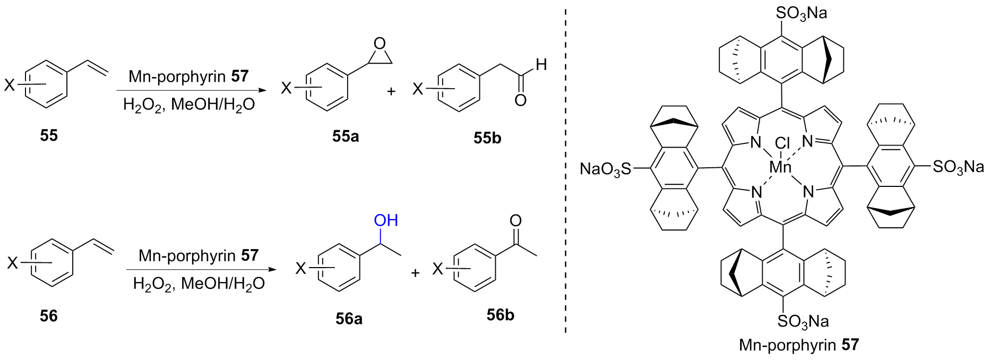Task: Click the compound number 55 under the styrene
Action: (48, 135)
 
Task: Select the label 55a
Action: (346, 136)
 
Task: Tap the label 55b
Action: (487, 138)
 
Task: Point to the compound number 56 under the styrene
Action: (48, 316)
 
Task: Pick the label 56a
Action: (349, 318)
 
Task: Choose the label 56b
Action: (500, 315)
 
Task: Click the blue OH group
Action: (386, 220)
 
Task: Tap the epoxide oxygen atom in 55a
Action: (379, 44)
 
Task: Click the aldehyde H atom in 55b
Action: (541, 65)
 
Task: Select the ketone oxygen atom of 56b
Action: (515, 220)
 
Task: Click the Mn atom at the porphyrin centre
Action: (780, 168)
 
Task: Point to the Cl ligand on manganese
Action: (782, 143)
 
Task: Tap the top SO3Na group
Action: (802, 13)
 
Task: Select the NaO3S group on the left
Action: (605, 169)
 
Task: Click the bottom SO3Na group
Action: (803, 321)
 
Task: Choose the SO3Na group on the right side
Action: (958, 167)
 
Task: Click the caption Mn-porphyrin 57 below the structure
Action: (798, 345)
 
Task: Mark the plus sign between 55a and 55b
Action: (391, 91)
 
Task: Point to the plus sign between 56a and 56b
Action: (415, 272)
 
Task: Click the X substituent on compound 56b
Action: (437, 269)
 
